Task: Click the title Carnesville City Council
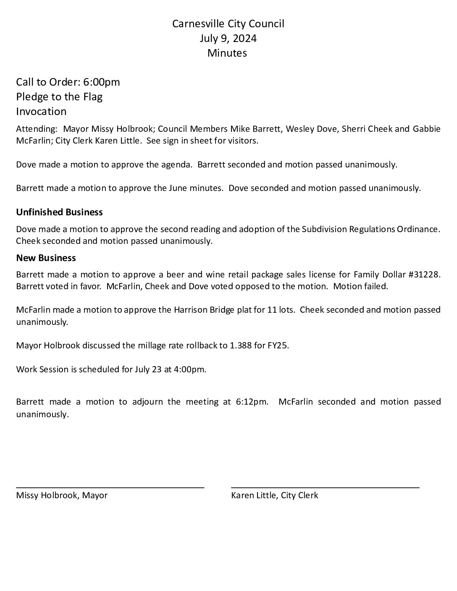(x=228, y=24)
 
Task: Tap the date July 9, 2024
(x=228, y=39)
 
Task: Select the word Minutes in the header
(x=227, y=53)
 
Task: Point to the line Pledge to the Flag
(x=59, y=97)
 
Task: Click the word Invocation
(x=41, y=111)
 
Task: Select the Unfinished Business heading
(x=59, y=212)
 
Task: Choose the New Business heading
(x=46, y=258)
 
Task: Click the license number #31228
(x=424, y=275)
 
